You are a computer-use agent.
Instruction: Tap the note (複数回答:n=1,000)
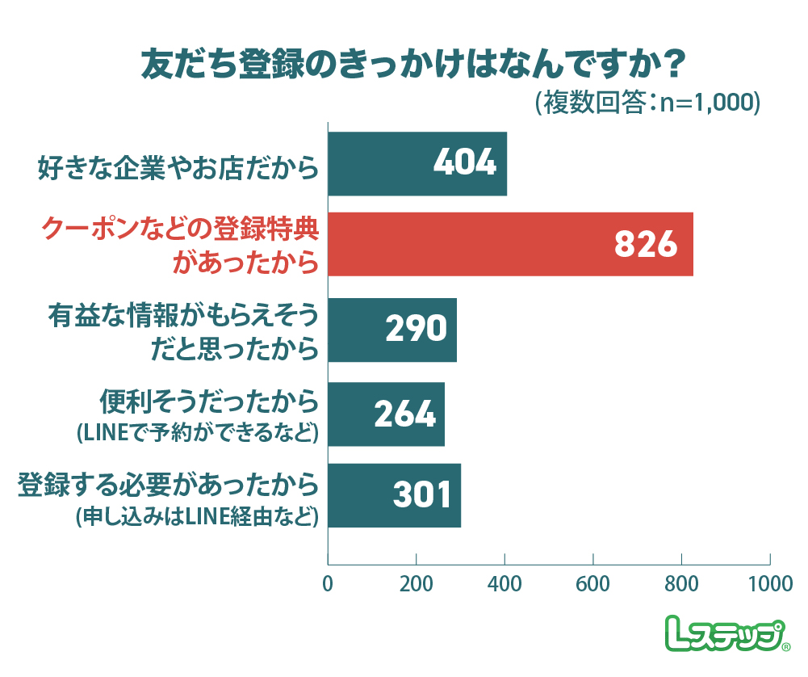click(647, 103)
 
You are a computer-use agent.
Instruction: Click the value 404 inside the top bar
click(463, 163)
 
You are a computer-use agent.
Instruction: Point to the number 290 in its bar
click(415, 330)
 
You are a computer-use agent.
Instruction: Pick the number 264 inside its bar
click(404, 414)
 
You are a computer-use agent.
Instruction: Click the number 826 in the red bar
click(645, 244)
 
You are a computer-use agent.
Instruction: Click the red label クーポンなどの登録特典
click(180, 230)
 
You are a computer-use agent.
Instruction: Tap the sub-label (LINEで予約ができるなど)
click(194, 432)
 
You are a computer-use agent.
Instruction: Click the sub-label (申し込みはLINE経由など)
click(194, 516)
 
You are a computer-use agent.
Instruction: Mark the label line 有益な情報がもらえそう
click(182, 315)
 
